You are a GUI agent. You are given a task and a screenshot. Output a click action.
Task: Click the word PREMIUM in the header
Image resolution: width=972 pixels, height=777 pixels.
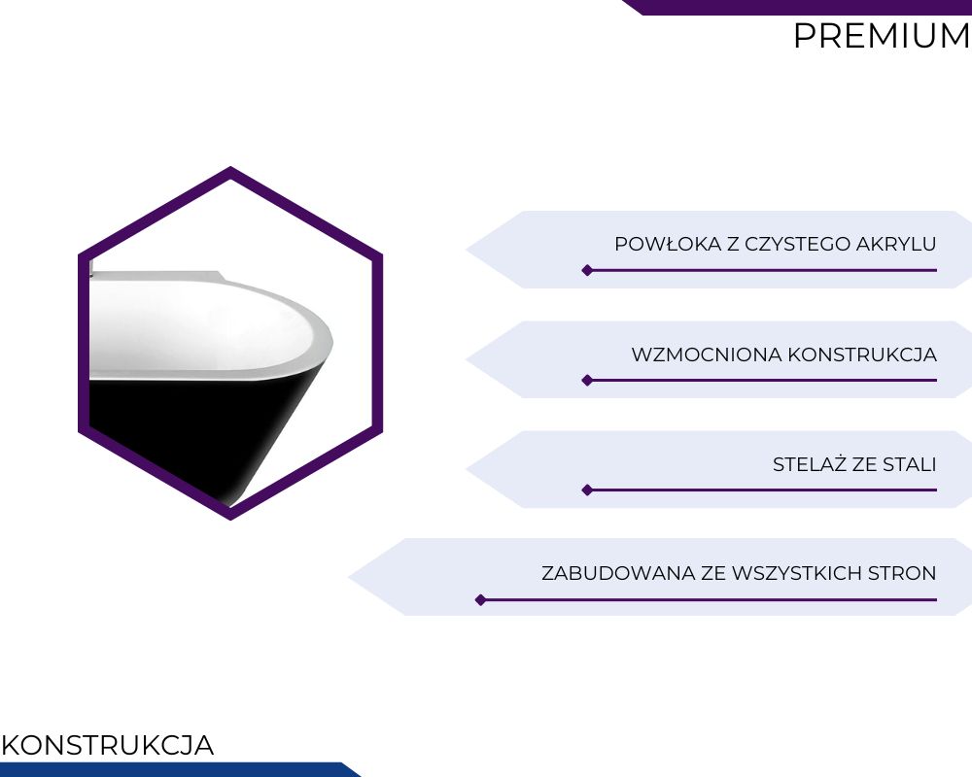pos(883,36)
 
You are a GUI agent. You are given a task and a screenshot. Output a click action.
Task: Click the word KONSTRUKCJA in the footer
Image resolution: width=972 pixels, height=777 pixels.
pos(108,745)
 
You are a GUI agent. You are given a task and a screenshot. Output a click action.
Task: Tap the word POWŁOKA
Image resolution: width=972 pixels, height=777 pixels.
pos(669,244)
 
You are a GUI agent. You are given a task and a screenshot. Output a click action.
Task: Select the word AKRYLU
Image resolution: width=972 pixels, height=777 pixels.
pos(896,244)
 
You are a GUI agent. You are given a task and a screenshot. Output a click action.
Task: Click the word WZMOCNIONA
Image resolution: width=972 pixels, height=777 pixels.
pos(707,355)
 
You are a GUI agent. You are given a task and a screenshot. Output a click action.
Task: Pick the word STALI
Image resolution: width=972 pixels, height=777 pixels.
pos(910,464)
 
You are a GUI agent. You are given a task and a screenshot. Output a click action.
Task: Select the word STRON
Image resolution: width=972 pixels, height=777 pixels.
pos(902,573)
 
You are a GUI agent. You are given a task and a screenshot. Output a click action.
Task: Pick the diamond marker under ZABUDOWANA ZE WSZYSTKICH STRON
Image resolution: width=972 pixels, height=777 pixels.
pos(480,600)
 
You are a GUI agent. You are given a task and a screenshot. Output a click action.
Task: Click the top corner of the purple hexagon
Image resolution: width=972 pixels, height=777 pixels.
pos(230,167)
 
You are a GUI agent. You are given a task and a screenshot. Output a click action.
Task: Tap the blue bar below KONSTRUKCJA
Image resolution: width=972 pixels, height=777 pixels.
pos(174,769)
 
